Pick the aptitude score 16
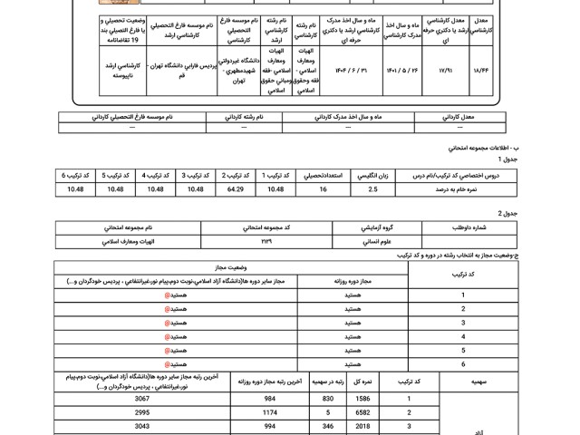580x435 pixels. click(324, 189)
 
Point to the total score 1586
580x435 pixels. click(362, 399)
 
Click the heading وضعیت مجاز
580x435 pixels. click(231, 268)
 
